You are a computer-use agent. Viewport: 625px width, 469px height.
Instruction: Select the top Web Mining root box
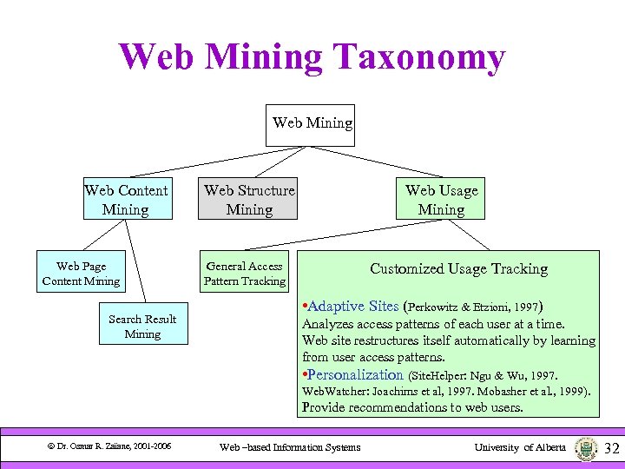312,123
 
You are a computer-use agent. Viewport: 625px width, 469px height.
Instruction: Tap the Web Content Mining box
126,200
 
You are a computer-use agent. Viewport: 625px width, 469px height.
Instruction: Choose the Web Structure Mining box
249,200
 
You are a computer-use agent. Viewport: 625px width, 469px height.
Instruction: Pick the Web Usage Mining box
441,200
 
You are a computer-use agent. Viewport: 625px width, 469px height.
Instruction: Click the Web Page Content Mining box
81,274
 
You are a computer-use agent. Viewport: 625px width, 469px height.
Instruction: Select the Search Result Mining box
142,327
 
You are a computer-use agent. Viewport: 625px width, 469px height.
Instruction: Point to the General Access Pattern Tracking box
245,274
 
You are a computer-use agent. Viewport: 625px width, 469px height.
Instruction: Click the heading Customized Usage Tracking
458,269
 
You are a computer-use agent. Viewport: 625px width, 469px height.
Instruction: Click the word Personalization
356,375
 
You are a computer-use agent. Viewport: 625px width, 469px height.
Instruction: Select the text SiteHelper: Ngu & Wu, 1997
484,376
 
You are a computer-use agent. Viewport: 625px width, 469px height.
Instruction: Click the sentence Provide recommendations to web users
412,406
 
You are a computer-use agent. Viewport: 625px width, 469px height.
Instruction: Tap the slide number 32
611,448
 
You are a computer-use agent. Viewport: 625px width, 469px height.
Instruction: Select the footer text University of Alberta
520,447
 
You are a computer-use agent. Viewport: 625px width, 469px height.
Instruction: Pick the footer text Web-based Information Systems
290,447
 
